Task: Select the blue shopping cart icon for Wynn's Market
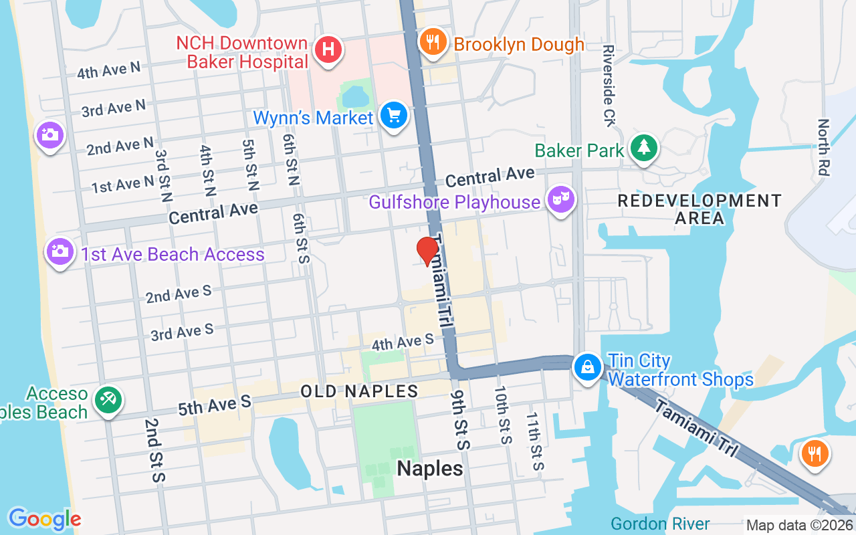[394, 116]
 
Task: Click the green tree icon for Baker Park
[644, 148]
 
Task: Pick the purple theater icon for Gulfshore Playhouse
[561, 199]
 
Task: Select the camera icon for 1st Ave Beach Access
[60, 252]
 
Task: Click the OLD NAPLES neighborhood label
[359, 391]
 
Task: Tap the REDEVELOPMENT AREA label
[699, 209]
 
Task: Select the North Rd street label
[823, 147]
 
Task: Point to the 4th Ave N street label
[108, 70]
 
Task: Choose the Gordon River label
[660, 524]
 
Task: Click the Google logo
[45, 519]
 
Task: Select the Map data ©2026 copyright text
[799, 525]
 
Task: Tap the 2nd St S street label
[154, 450]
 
